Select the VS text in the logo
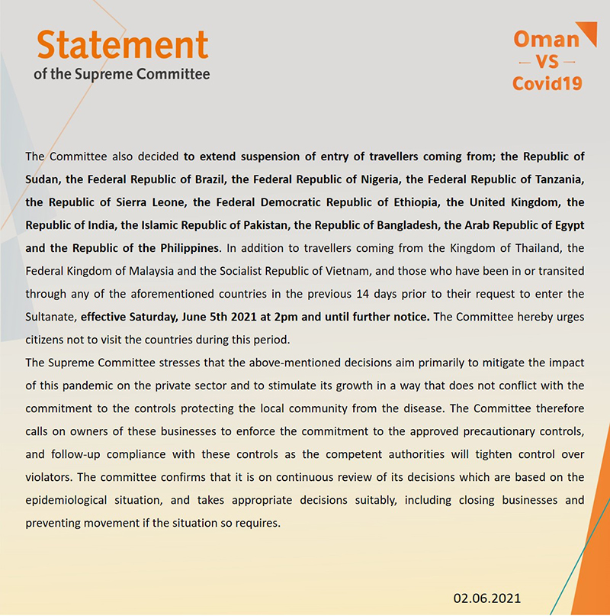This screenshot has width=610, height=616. (x=546, y=61)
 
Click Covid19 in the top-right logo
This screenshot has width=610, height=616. (x=547, y=83)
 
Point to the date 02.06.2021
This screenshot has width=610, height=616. (x=486, y=598)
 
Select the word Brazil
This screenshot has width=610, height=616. (x=206, y=179)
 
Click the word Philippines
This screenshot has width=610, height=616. (x=186, y=248)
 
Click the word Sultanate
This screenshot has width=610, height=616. (x=50, y=316)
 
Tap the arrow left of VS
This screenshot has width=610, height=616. (x=525, y=62)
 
